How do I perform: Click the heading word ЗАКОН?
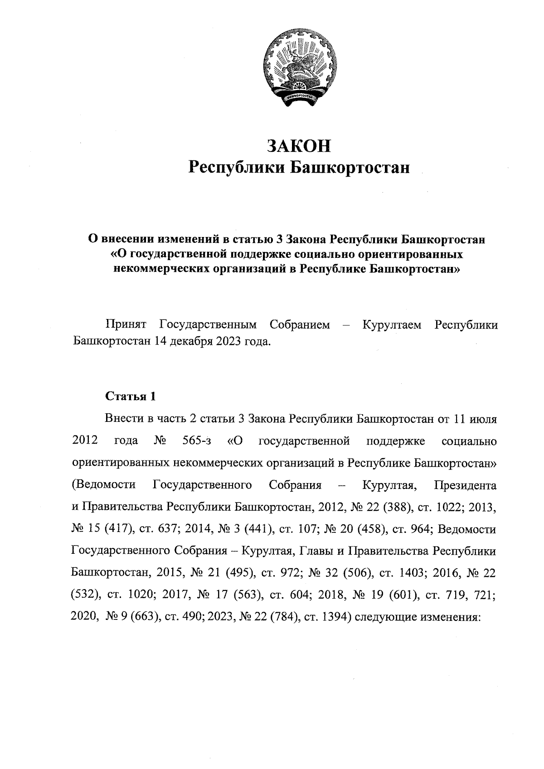[299, 146]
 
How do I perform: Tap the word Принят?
[126, 325]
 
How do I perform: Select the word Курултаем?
[392, 325]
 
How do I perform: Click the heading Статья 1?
[131, 396]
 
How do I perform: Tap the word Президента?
[465, 485]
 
